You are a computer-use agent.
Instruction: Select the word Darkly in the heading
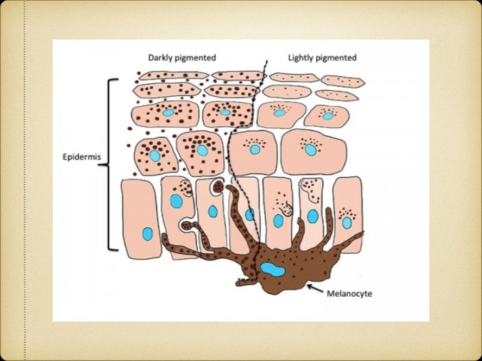(161, 58)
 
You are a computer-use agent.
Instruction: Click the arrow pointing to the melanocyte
(314, 288)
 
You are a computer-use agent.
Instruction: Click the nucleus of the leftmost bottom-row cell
(148, 234)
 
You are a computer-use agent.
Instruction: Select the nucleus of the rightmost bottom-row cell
(347, 222)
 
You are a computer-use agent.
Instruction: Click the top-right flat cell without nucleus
(343, 81)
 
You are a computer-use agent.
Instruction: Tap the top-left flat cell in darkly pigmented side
(173, 75)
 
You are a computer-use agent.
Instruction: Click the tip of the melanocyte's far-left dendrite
(164, 235)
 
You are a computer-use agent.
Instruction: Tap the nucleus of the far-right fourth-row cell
(310, 150)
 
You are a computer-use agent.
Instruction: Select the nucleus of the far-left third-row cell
(168, 113)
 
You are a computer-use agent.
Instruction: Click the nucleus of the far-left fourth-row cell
(155, 156)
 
